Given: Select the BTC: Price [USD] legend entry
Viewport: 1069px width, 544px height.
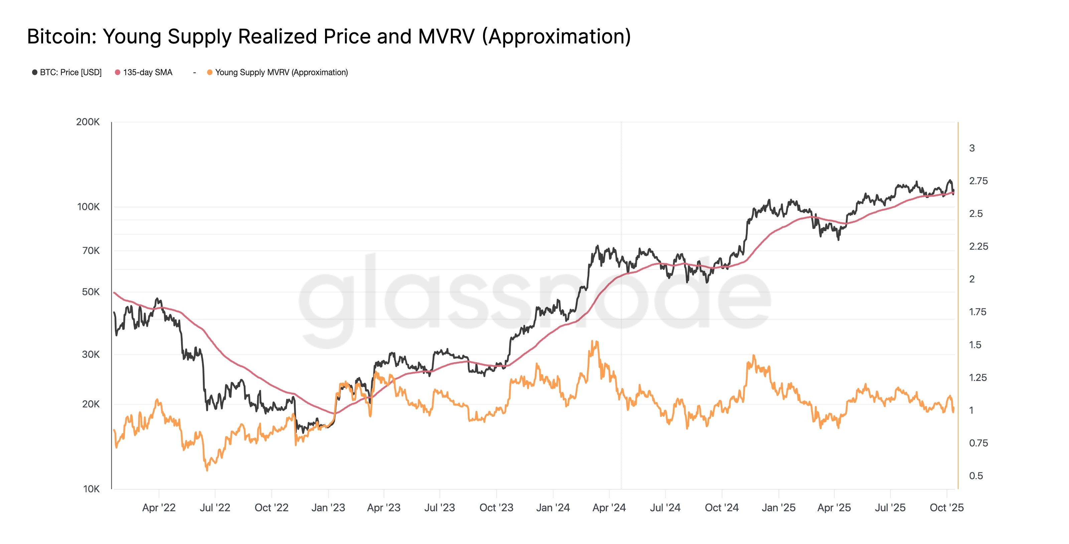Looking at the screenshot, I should pos(70,73).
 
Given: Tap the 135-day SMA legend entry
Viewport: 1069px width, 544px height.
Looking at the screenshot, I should pos(147,73).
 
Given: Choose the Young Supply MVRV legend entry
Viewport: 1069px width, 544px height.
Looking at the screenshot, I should pos(281,73).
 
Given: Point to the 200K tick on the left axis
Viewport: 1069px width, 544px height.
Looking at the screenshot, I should pos(88,122).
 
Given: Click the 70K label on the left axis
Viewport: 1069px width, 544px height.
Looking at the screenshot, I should pos(91,251).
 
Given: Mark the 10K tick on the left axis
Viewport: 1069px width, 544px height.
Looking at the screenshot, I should pos(91,489).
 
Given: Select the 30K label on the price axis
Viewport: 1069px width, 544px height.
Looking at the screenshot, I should pos(91,354).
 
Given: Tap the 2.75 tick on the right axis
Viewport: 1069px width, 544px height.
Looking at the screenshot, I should pos(978,181).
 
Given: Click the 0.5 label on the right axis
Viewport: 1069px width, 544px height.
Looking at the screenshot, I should pos(975,476).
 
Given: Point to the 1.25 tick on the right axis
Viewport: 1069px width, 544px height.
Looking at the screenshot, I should pos(978,378).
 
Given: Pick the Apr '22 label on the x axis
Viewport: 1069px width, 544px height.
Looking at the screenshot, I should pos(159,508).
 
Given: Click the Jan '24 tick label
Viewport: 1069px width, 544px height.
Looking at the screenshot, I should pos(553,508).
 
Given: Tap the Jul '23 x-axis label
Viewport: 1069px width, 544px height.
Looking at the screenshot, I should pos(440,508).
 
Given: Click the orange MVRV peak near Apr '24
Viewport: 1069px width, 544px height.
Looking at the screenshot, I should pos(596,342).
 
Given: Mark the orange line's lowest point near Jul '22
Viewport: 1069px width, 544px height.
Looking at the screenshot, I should pos(207,470).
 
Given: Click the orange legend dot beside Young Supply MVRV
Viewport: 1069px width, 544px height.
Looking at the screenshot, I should pos(209,73).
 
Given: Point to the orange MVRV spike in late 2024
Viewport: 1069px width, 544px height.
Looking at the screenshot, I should pos(754,356).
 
